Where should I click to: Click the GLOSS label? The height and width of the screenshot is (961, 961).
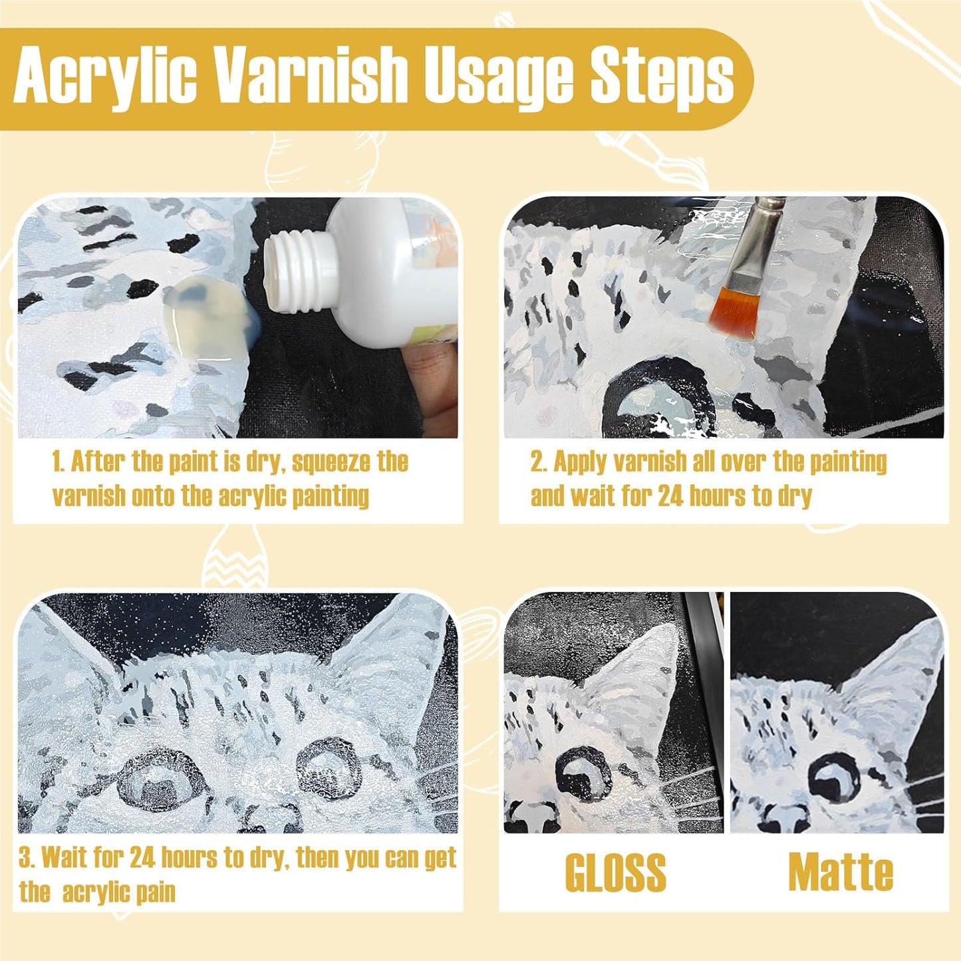point(615,873)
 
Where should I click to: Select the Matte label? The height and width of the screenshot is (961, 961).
point(841,873)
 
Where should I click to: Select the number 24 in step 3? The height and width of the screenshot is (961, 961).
point(142,858)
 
